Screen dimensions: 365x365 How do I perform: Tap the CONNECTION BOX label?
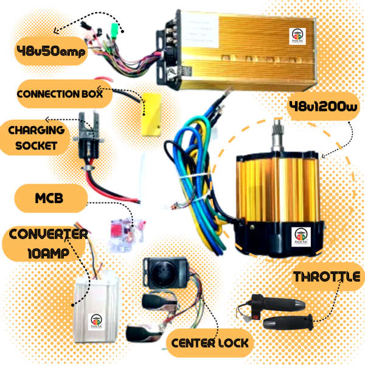[64, 95]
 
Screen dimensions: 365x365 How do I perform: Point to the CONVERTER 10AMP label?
[46, 243]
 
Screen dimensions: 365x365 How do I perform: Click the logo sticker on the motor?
[302, 235]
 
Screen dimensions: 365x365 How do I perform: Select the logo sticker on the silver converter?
[97, 320]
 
